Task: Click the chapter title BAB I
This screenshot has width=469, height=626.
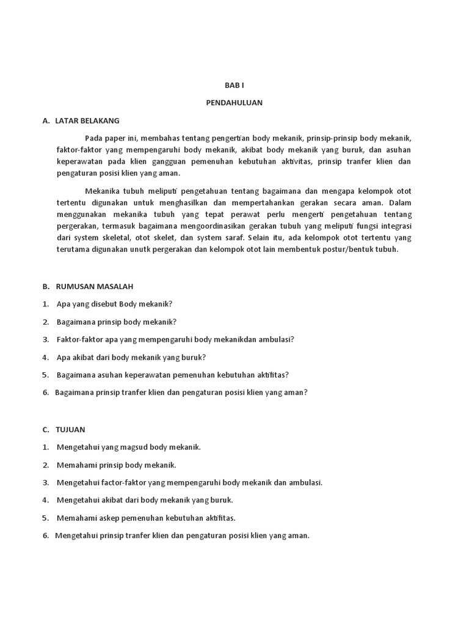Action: click(x=234, y=85)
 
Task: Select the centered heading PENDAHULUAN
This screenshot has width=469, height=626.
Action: click(x=234, y=103)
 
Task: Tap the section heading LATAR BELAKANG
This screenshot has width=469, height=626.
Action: click(x=87, y=120)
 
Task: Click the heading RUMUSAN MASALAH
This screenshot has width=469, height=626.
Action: click(x=95, y=286)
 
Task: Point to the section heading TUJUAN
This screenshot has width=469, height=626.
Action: click(x=71, y=429)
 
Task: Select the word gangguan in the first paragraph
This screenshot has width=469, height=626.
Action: click(x=157, y=161)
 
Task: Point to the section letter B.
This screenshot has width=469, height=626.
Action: click(x=46, y=286)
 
